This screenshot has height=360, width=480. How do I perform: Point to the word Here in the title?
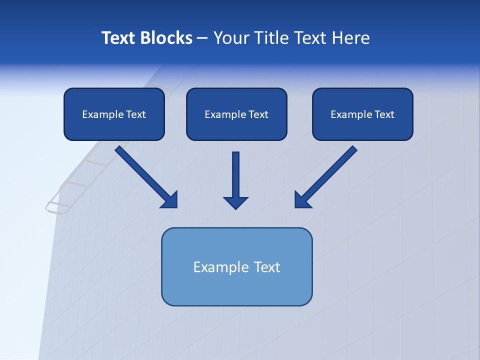351,38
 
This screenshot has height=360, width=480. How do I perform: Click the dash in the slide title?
202,38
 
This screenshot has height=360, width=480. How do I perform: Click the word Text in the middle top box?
258,114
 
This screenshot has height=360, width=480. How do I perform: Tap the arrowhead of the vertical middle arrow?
235,202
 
